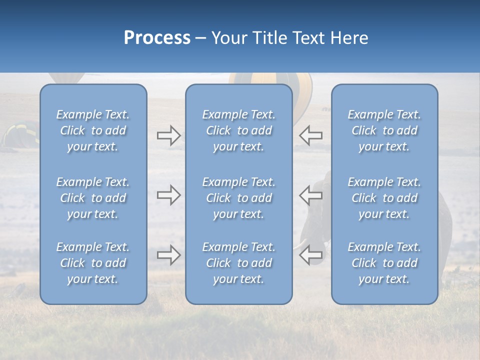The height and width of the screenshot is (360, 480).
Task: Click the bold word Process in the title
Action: coord(157,38)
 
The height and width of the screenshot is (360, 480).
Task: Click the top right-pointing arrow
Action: coord(168,135)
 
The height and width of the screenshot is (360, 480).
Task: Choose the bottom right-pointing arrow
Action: coord(168,255)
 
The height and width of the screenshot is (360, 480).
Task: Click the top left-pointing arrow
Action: coord(311,135)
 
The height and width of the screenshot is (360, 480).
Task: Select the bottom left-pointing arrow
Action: coord(311,255)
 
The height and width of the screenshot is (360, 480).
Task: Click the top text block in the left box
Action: coord(93,130)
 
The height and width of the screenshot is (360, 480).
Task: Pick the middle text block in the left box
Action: coord(93,198)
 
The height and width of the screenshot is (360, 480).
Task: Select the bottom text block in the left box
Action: coord(93,263)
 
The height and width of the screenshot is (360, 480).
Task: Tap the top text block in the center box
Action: coord(238,130)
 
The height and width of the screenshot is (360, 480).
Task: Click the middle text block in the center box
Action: coord(238,198)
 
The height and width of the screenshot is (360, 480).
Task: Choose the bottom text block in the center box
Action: coord(238,263)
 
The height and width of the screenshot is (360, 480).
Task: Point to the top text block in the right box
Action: coord(384,130)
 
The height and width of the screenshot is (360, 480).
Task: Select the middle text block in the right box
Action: coord(384,198)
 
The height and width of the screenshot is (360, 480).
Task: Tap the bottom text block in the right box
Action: coord(384,263)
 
